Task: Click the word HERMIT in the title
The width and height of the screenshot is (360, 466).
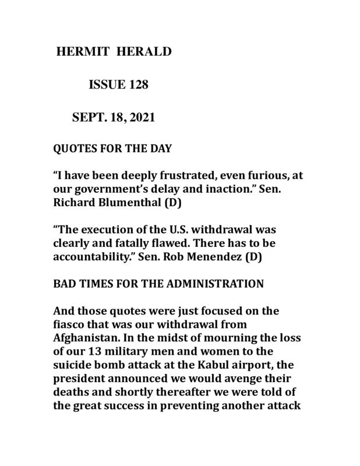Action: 83,52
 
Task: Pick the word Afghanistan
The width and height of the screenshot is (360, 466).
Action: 86,340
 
